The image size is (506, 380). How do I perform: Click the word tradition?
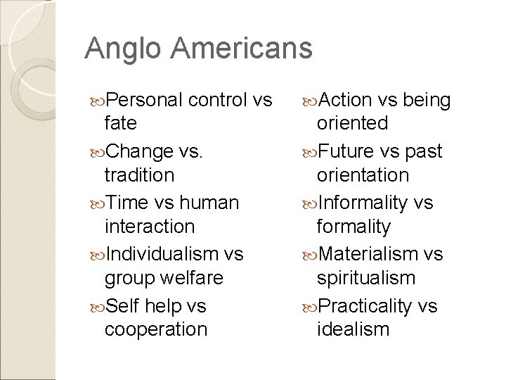138,174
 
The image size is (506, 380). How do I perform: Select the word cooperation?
155,329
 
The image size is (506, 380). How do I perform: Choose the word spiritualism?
365,277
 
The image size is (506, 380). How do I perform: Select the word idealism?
352,329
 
